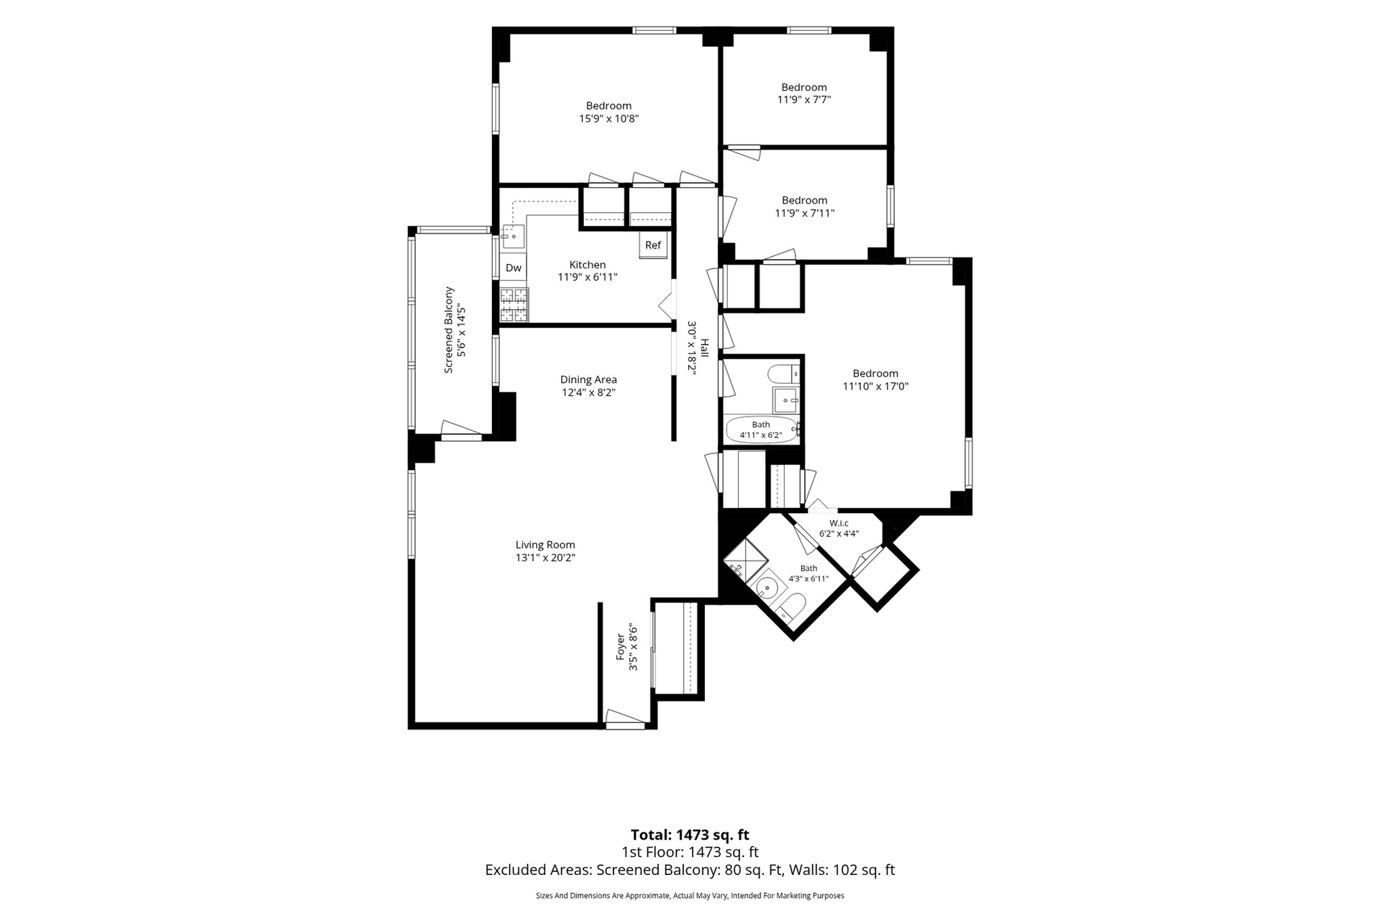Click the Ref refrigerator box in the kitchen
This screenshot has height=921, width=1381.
653,245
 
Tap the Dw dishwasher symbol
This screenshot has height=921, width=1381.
514,268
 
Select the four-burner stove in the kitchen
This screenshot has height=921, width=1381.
514,304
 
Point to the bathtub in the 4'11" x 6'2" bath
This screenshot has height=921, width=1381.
762,430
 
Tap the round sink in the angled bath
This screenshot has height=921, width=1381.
769,589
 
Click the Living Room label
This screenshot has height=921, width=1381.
545,545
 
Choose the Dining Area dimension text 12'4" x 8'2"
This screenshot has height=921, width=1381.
588,392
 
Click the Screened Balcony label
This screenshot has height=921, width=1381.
449,330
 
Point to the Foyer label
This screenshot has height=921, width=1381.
621,648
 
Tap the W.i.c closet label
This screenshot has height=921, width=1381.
839,523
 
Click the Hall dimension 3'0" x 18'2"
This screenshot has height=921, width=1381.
692,348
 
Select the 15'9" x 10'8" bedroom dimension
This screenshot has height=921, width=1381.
609,119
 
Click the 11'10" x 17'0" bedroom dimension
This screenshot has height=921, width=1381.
875,386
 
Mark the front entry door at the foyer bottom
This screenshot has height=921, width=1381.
625,719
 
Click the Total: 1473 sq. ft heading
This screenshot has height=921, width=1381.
690,835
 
